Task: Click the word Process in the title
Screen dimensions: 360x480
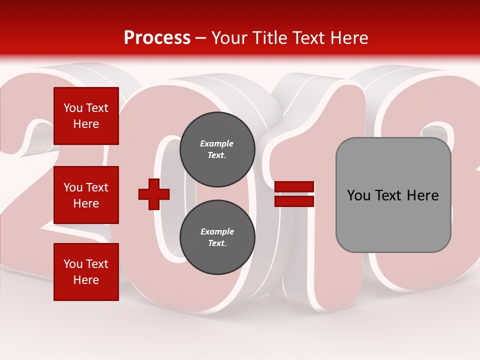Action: (x=157, y=38)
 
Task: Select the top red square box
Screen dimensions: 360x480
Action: (x=86, y=116)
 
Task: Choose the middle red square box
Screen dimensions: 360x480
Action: (x=86, y=195)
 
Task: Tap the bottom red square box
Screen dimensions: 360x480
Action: (x=86, y=272)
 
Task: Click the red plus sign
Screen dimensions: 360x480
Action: (x=154, y=194)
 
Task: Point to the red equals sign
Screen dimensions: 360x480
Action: (x=294, y=194)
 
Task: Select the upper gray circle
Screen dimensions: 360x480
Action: (x=217, y=149)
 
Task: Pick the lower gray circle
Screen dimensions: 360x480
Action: (x=217, y=237)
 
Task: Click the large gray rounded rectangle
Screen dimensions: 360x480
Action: (x=393, y=195)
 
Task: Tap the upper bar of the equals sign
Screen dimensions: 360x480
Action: (x=294, y=187)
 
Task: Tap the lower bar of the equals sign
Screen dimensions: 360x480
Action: (x=294, y=201)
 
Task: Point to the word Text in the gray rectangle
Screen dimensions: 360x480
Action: (x=389, y=195)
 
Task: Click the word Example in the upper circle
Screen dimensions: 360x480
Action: (x=217, y=143)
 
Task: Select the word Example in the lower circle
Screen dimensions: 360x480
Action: (x=217, y=231)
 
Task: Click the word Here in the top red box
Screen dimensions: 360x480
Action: (x=86, y=124)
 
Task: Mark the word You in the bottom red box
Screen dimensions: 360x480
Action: (x=73, y=264)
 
